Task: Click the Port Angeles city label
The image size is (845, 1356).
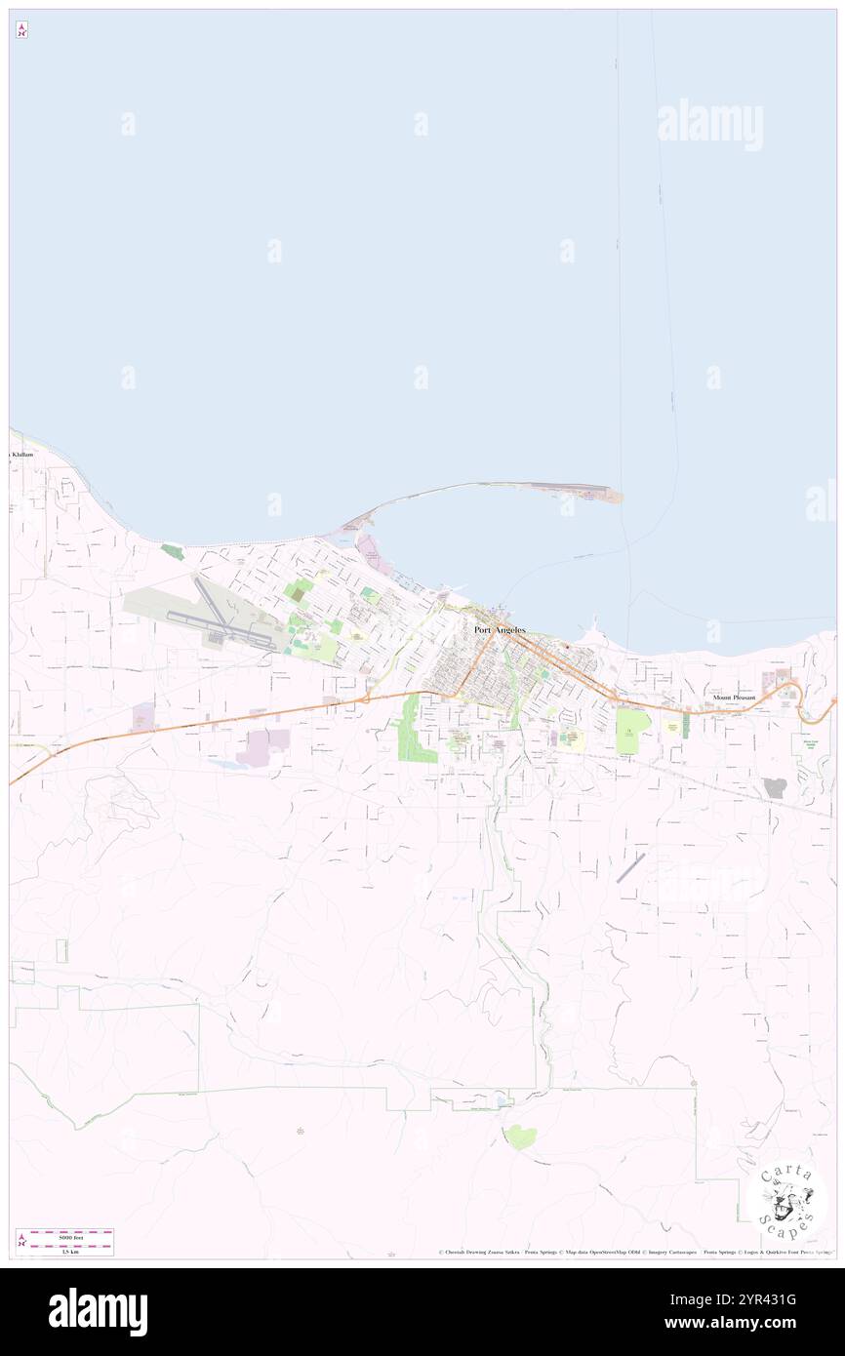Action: (x=500, y=630)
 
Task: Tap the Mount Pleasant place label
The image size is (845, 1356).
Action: (x=734, y=698)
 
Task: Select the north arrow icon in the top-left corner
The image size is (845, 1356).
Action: (x=21, y=30)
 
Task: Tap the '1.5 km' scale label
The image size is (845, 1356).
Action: (x=64, y=1252)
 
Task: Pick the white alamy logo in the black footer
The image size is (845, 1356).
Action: (x=98, y=1312)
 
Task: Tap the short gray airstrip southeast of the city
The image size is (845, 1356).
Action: (x=630, y=868)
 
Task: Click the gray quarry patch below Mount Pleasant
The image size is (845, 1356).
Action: (x=775, y=788)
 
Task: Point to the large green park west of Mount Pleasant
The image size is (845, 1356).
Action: (x=632, y=731)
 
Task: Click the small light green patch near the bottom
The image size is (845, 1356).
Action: (x=520, y=1136)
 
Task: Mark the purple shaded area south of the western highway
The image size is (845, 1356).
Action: (x=262, y=747)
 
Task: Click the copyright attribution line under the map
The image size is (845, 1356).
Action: (x=634, y=1253)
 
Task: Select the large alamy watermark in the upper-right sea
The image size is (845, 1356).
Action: (x=709, y=125)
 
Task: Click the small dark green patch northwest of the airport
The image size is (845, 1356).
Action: (x=173, y=551)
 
